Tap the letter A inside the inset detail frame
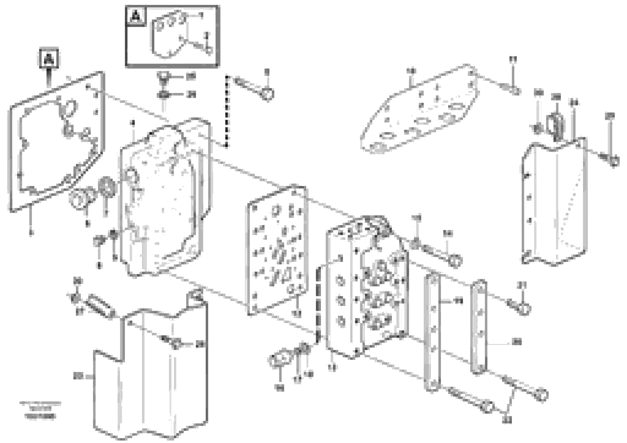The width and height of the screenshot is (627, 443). (136, 16)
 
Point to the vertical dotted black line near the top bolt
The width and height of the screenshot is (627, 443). (226, 112)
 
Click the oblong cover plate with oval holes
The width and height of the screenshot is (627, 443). (421, 109)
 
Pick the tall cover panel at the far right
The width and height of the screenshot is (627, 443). (554, 202)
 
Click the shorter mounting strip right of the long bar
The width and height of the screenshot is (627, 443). (479, 326)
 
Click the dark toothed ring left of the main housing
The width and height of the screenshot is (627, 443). (107, 187)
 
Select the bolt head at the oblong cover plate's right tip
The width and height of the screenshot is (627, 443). (515, 91)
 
